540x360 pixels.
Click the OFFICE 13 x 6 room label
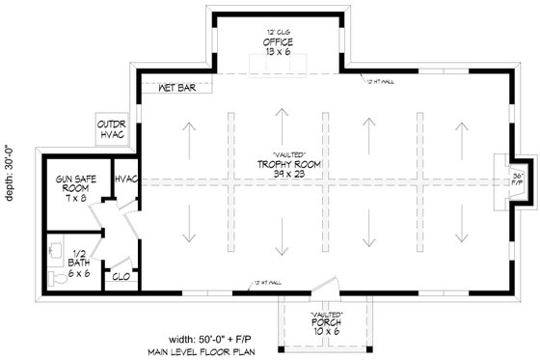[x=278, y=48]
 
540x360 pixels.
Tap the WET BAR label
[x=178, y=86]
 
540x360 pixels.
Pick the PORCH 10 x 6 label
[x=325, y=328]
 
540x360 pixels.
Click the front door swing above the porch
[x=328, y=287]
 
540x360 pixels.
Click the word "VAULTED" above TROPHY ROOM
[x=289, y=154]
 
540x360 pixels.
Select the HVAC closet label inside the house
[x=125, y=180]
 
